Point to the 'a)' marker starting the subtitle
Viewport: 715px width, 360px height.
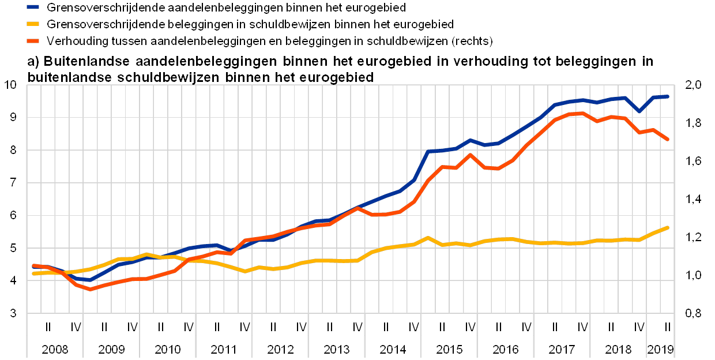pyautogui.click(x=33, y=61)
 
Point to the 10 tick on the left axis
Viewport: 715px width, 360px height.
pyautogui.click(x=14, y=85)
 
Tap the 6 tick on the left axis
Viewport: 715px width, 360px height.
pyautogui.click(x=16, y=215)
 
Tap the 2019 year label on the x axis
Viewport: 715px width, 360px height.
pyautogui.click(x=661, y=349)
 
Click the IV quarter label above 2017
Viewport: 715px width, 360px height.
pyautogui.click(x=584, y=328)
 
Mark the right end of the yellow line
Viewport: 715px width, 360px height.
pyautogui.click(x=668, y=227)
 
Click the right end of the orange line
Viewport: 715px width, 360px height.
pyautogui.click(x=668, y=140)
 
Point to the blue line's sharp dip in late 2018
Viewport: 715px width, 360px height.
pyautogui.click(x=639, y=111)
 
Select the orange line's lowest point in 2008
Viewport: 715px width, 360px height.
pyautogui.click(x=91, y=289)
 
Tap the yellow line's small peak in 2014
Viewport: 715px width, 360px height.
pyautogui.click(x=428, y=237)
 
